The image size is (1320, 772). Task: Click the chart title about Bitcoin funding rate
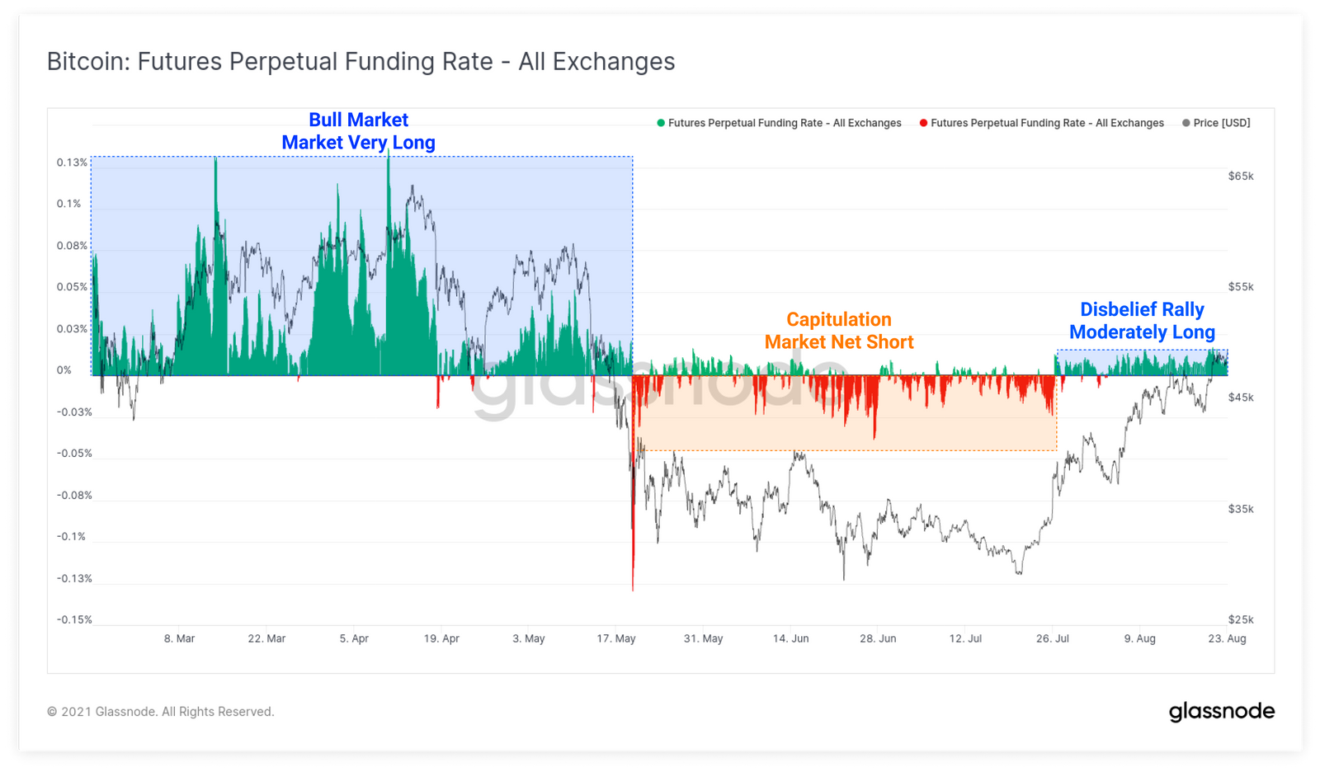pos(361,62)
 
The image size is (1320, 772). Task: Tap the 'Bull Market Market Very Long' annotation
pos(359,131)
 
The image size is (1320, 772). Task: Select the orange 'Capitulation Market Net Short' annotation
pos(839,331)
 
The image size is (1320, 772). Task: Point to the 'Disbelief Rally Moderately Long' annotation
pos(1142,321)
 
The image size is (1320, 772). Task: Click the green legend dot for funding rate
pos(661,123)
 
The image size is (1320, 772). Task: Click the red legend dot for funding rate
pos(923,123)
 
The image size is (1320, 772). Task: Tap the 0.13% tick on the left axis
pos(72,162)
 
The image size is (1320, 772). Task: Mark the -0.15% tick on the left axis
pos(74,619)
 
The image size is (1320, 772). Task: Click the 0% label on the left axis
pos(64,370)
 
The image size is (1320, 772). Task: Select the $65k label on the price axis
pos(1241,176)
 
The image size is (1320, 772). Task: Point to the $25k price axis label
pos(1241,619)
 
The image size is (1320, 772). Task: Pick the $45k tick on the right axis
pos(1241,398)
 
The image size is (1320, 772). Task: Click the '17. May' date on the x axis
pos(616,638)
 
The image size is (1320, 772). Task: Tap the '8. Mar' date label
pos(180,638)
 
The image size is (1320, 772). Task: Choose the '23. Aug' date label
pos(1227,638)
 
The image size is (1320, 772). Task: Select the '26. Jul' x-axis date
pos(1053,638)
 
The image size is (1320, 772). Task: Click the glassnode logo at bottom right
pos(1221,712)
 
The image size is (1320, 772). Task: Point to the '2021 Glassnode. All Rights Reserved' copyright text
pos(161,712)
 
